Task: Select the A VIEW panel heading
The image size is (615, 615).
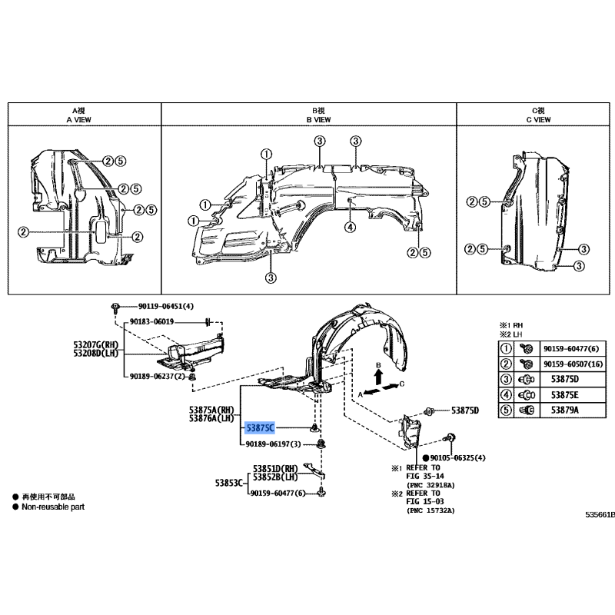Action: [80, 119]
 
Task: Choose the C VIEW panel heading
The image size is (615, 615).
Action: [538, 119]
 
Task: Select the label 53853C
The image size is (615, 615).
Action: [229, 483]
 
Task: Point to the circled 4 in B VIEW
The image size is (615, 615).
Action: [350, 227]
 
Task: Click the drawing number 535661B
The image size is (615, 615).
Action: [599, 514]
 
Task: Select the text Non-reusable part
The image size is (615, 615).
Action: [53, 507]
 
